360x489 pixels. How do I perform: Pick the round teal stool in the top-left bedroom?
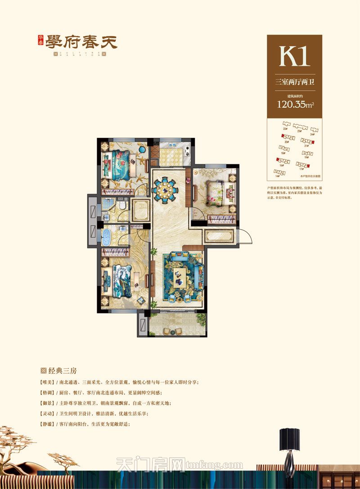142,149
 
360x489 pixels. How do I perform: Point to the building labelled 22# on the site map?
285,124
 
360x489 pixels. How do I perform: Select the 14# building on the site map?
276,172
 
